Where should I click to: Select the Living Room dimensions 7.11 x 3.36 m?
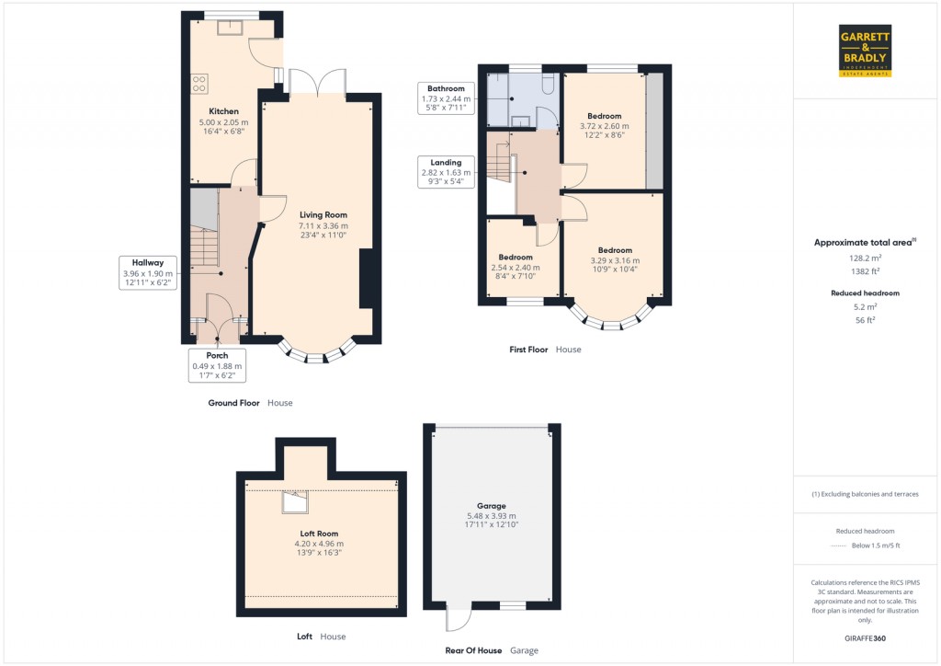[x=323, y=225]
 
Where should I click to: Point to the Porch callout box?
[x=217, y=365]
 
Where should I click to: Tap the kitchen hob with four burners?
[x=198, y=84]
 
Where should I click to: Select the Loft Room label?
[x=320, y=534]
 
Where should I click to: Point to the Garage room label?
[x=492, y=506]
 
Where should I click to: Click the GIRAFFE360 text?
[x=865, y=638]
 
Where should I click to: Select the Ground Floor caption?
[x=233, y=403]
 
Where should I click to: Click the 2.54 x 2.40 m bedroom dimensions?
[x=516, y=268]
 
